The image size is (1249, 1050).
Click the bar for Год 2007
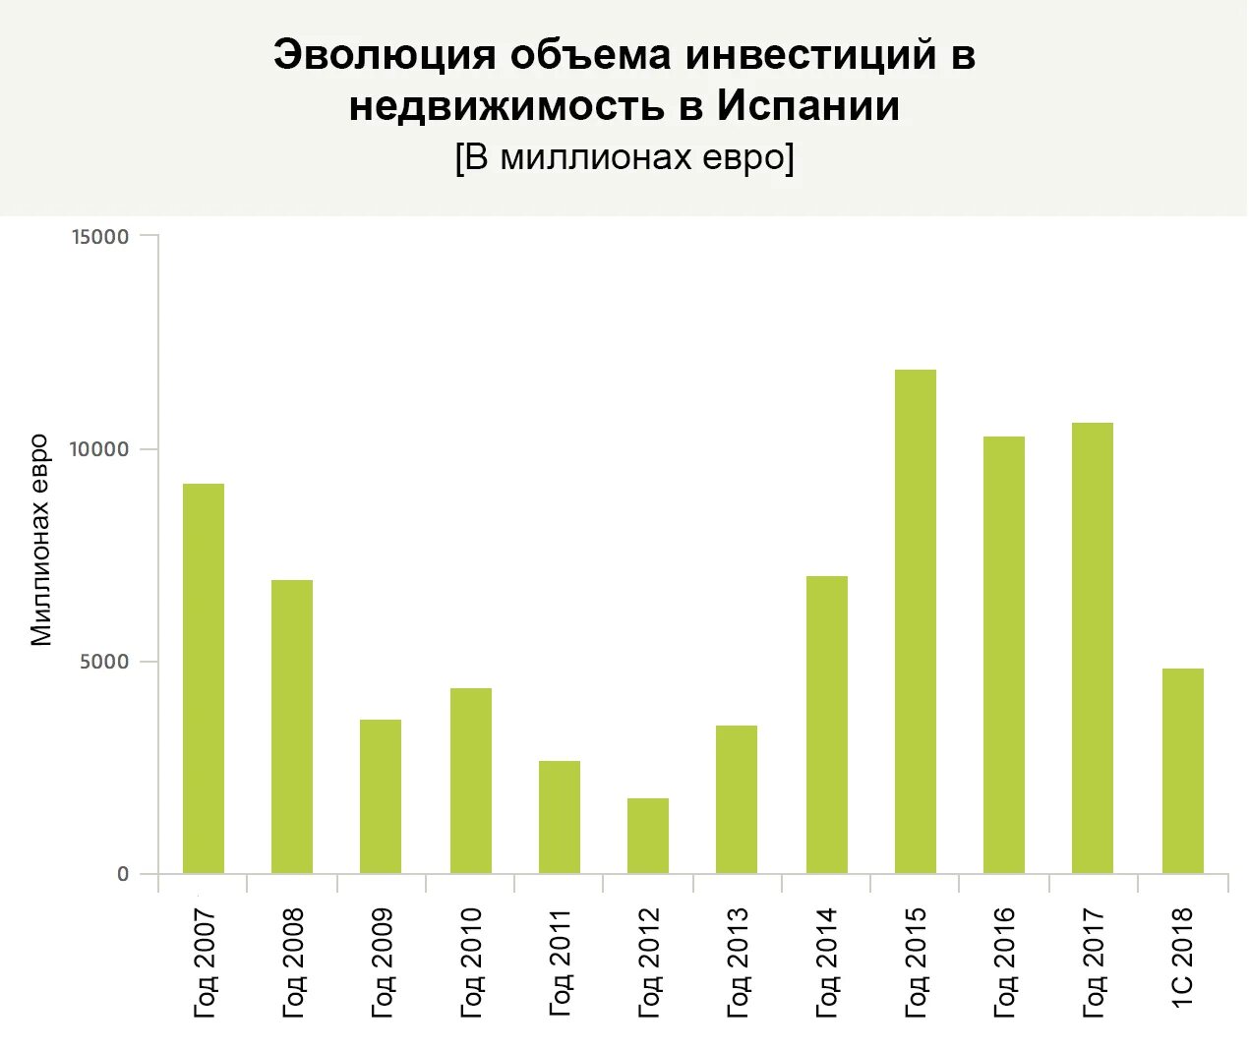pyautogui.click(x=204, y=678)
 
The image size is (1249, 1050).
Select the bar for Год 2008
pyautogui.click(x=292, y=727)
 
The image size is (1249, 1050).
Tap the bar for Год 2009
pyautogui.click(x=381, y=796)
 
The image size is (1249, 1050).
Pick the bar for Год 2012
pyautogui.click(x=648, y=836)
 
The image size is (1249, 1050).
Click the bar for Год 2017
pyautogui.click(x=1093, y=648)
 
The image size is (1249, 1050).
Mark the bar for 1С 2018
pyautogui.click(x=1183, y=771)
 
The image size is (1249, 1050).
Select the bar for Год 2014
pyautogui.click(x=827, y=725)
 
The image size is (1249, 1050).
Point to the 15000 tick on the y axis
pyautogui.click(x=100, y=236)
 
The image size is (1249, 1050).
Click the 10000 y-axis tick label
pyautogui.click(x=100, y=449)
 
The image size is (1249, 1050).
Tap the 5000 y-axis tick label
pyautogui.click(x=105, y=662)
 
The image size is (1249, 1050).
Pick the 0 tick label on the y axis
pyautogui.click(x=123, y=874)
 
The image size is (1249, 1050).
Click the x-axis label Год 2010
pyautogui.click(x=471, y=962)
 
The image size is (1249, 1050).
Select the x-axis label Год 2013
pyautogui.click(x=738, y=962)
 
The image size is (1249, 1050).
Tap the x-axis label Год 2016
pyautogui.click(x=1004, y=962)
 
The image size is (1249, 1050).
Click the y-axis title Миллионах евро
pyautogui.click(x=40, y=540)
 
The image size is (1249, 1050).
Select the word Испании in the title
pyautogui.click(x=807, y=106)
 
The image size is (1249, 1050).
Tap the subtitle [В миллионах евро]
pyautogui.click(x=624, y=157)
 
